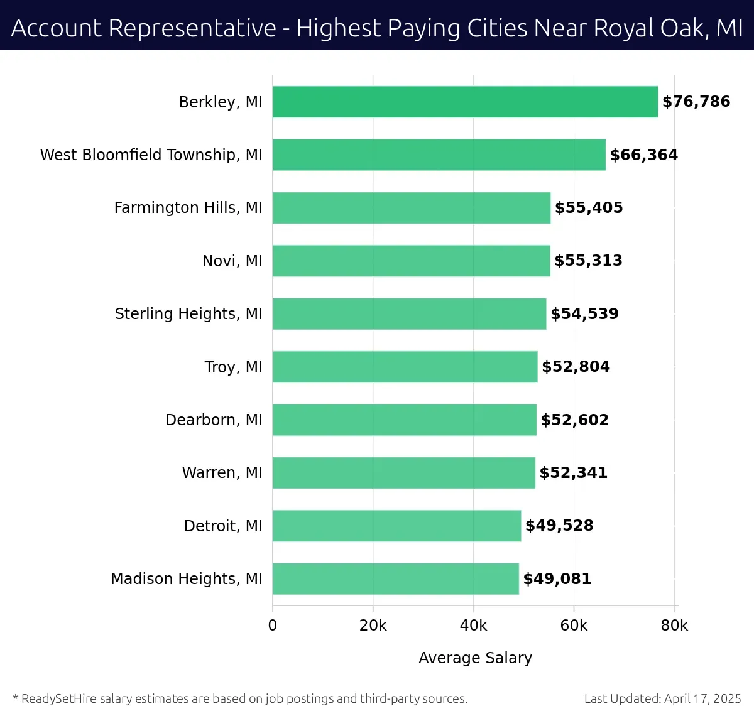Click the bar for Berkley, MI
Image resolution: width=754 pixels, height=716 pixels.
465,102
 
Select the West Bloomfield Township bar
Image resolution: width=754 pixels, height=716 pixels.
439,155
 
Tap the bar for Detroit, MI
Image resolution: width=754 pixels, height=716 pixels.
396,526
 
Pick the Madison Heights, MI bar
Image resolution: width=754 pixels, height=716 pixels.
395,578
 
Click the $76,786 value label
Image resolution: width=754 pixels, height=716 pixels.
696,102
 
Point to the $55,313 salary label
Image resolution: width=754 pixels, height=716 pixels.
588,261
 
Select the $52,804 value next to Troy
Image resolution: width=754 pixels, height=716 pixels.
576,367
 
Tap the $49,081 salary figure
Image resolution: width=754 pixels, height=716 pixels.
557,578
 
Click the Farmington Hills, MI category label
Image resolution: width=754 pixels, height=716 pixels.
188,208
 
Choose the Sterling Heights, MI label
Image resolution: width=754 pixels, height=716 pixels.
188,313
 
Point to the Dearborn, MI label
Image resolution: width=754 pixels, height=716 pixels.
214,420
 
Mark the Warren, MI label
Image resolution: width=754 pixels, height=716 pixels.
222,472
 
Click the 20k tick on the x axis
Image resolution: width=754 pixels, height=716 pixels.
373,626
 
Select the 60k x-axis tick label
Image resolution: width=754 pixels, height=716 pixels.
574,626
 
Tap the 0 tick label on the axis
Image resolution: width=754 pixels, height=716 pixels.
273,626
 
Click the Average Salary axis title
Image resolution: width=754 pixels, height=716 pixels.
475,658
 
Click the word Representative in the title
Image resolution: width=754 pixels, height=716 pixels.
192,28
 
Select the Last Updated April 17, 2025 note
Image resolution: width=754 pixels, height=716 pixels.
662,698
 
